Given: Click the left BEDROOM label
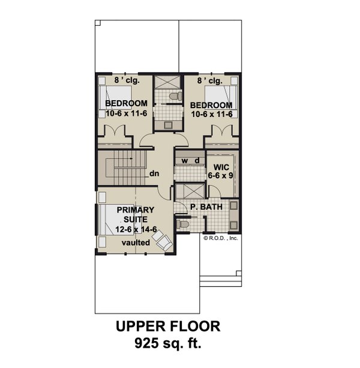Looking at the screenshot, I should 126,103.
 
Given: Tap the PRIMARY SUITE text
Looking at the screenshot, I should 136,214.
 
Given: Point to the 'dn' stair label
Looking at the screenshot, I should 154,174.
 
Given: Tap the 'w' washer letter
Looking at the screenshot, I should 184,160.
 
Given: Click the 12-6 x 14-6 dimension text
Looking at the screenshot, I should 136,229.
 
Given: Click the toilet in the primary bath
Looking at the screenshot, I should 184,224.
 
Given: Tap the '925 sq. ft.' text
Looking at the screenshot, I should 167,344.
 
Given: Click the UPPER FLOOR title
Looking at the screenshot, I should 167,327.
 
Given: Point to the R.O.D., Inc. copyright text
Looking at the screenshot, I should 221,238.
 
